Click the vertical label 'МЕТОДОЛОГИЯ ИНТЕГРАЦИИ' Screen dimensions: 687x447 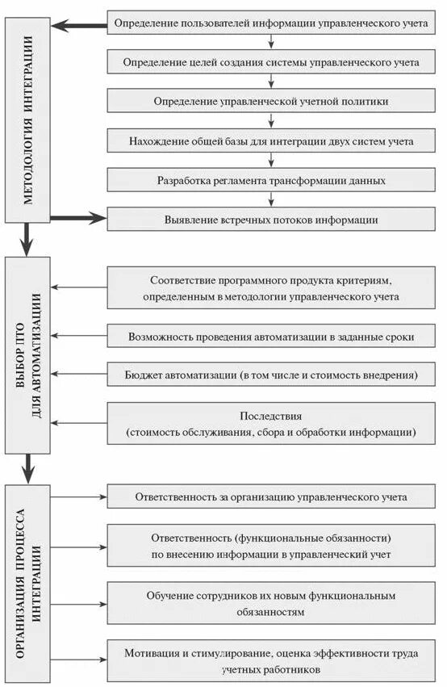tap(27, 119)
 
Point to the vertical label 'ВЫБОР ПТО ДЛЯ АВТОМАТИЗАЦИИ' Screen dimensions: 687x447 tap(27, 355)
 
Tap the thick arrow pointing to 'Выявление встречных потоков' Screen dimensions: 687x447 tap(78, 217)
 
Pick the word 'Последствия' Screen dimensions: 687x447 tap(270, 417)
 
